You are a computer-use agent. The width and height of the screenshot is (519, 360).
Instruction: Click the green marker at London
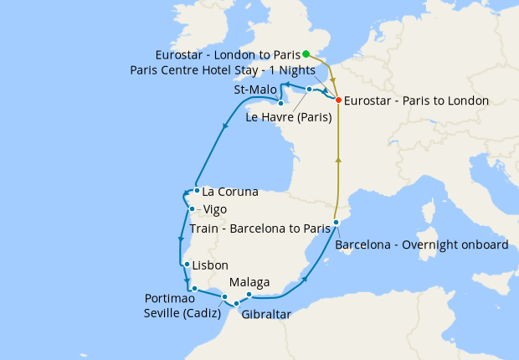pos(306,54)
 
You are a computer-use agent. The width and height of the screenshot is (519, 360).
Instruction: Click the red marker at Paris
pos(338,100)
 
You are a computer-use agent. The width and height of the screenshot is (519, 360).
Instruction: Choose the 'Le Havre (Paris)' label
pos(289,117)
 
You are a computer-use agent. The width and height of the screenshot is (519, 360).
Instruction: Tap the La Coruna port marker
pos(196,190)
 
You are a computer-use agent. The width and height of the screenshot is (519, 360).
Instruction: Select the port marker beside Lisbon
pos(186,265)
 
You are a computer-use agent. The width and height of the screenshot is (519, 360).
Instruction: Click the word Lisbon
pos(210,265)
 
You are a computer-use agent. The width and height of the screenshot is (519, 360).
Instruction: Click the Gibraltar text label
pos(265,315)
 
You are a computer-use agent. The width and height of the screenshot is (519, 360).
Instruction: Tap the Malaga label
pos(249,282)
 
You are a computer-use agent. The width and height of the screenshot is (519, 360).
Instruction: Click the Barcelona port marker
pos(336,222)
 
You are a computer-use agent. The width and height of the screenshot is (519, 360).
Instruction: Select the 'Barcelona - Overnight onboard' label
pos(421,245)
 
